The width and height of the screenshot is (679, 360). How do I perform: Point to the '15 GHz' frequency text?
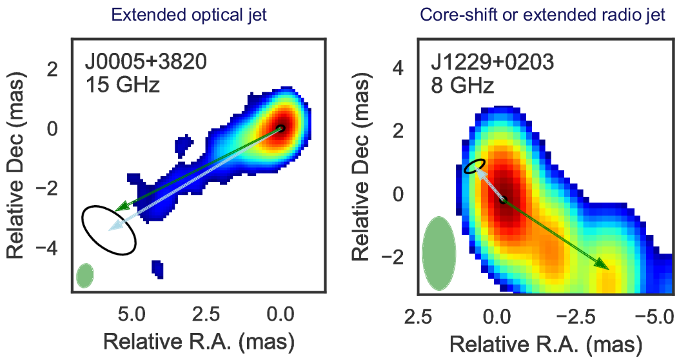122,85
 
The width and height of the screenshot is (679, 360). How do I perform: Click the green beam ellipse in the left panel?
84,275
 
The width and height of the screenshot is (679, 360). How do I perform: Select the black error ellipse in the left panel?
109,229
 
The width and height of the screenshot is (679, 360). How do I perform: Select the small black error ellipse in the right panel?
475,166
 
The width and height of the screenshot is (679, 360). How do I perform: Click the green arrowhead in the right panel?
602,265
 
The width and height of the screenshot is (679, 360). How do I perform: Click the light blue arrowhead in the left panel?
115,226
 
